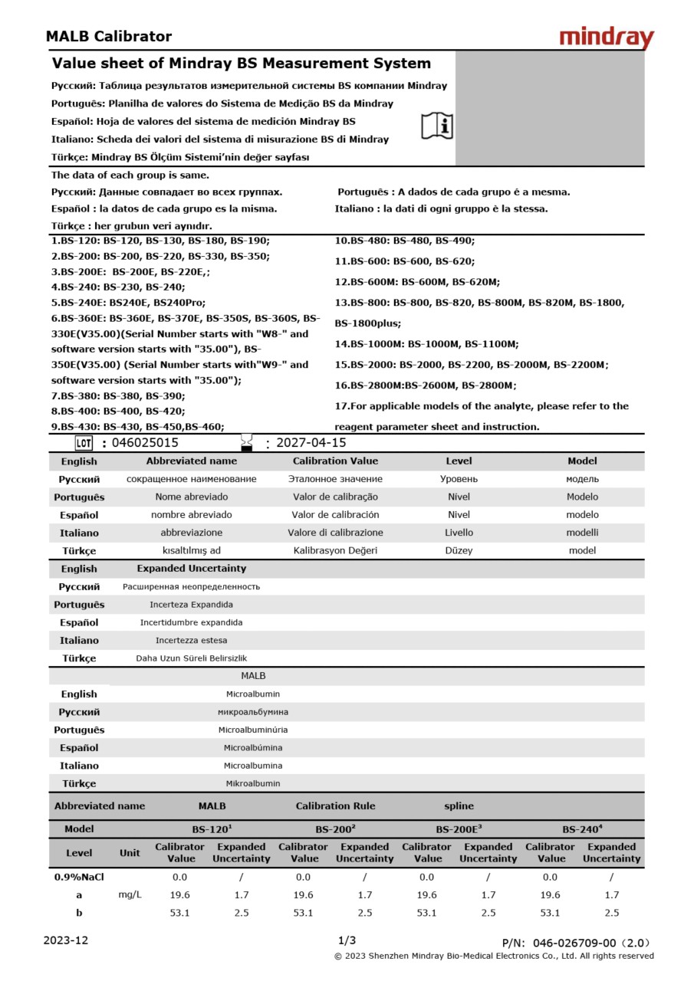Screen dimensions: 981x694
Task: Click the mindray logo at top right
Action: [x=606, y=38]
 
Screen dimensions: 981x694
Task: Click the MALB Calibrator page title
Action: [x=108, y=36]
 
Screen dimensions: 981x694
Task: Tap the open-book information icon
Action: [x=437, y=125]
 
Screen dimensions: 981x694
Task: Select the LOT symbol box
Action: [x=84, y=442]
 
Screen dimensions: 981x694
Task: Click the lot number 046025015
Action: [x=145, y=442]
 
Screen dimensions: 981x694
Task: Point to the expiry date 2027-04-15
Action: [x=311, y=442]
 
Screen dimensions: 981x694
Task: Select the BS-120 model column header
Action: [x=212, y=829]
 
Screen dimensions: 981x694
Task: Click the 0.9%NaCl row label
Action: [x=78, y=877]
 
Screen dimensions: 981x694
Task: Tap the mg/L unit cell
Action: [x=130, y=894]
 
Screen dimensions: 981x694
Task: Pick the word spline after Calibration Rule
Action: [x=459, y=806]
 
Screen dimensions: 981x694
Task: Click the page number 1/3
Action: [x=347, y=940]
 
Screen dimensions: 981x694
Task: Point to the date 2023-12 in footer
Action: [x=66, y=940]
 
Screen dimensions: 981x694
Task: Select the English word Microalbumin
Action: [x=252, y=694]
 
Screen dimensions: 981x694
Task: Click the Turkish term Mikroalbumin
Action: [x=252, y=783]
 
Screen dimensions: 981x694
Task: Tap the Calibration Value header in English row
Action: [x=335, y=461]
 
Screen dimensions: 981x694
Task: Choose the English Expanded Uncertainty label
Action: [x=191, y=569]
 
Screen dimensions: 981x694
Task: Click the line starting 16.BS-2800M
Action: [x=426, y=386]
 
